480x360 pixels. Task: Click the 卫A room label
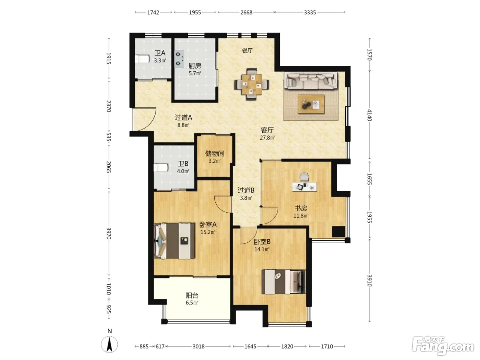[x=160, y=53]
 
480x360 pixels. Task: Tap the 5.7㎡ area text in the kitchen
[x=195, y=73]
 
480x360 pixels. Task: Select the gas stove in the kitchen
[x=179, y=59]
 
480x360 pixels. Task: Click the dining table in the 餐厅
[x=252, y=84]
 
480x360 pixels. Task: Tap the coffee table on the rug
[x=311, y=104]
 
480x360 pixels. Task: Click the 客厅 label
[x=267, y=130]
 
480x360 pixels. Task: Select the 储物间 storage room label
[x=215, y=154]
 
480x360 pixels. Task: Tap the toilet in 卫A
[x=142, y=59]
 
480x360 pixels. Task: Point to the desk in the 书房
[x=304, y=187]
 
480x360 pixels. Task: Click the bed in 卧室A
[x=174, y=241]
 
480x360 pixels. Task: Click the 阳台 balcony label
[x=192, y=296]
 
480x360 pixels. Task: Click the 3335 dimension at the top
[x=310, y=12]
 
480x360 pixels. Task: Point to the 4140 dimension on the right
[x=369, y=115]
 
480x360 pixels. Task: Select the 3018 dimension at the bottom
[x=199, y=346]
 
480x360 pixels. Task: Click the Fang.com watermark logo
[x=443, y=346]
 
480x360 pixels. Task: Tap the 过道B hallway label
[x=246, y=190]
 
